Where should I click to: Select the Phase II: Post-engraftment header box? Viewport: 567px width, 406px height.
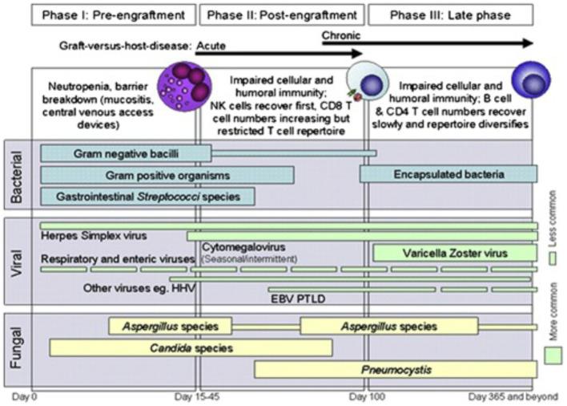(282, 14)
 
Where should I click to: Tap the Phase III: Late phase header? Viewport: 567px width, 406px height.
(452, 14)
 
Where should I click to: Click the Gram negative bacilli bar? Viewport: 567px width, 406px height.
(126, 152)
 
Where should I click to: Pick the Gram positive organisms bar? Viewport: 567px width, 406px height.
(167, 174)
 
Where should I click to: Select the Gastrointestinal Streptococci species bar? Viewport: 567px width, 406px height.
(147, 196)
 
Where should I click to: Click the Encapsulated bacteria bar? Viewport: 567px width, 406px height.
(448, 173)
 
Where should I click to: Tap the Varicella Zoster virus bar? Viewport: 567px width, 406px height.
(455, 253)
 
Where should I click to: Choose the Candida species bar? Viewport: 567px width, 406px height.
(191, 347)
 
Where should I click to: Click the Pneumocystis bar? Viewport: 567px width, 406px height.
(396, 369)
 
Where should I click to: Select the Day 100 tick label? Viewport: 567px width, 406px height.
(367, 396)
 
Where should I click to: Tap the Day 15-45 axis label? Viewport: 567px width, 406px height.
(195, 396)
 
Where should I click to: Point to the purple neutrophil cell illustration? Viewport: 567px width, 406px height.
(180, 87)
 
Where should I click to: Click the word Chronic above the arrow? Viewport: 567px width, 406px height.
(341, 36)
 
